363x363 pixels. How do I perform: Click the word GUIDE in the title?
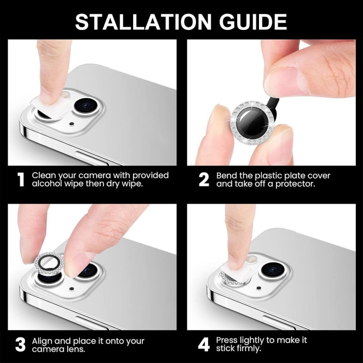[248, 22]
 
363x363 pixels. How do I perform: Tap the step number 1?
[21, 180]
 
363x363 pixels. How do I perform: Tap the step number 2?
[204, 180]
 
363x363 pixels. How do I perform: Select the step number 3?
[20, 344]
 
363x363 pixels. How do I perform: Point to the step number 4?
[204, 344]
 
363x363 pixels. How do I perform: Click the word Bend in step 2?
[227, 175]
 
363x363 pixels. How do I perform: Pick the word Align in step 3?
[43, 340]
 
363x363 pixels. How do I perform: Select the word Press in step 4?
[228, 340]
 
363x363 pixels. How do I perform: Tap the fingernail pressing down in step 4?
[234, 261]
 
